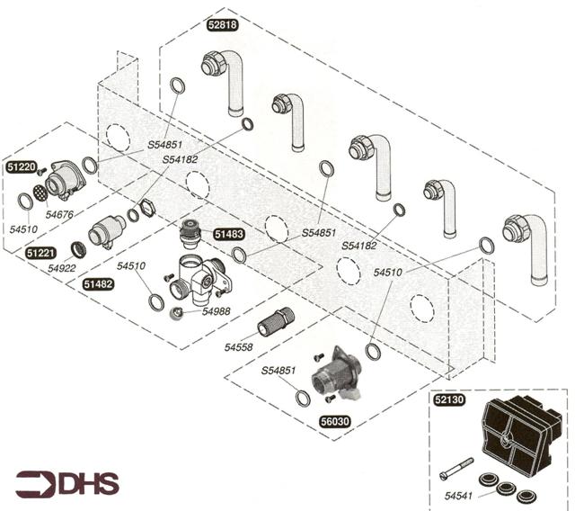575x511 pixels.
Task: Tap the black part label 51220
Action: tap(21, 166)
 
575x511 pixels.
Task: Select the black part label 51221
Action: tap(40, 254)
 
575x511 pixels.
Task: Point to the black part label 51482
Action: tap(98, 283)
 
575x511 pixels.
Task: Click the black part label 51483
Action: tap(228, 234)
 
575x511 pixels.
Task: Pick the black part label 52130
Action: tap(449, 403)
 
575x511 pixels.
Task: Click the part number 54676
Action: tap(59, 214)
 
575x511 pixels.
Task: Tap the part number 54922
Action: tap(64, 267)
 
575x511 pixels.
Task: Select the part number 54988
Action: tap(216, 310)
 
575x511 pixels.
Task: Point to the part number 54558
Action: tap(239, 345)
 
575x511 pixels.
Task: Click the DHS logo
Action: tap(66, 484)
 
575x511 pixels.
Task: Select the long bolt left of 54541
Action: tap(457, 471)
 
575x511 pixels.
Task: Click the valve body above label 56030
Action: tap(336, 372)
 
